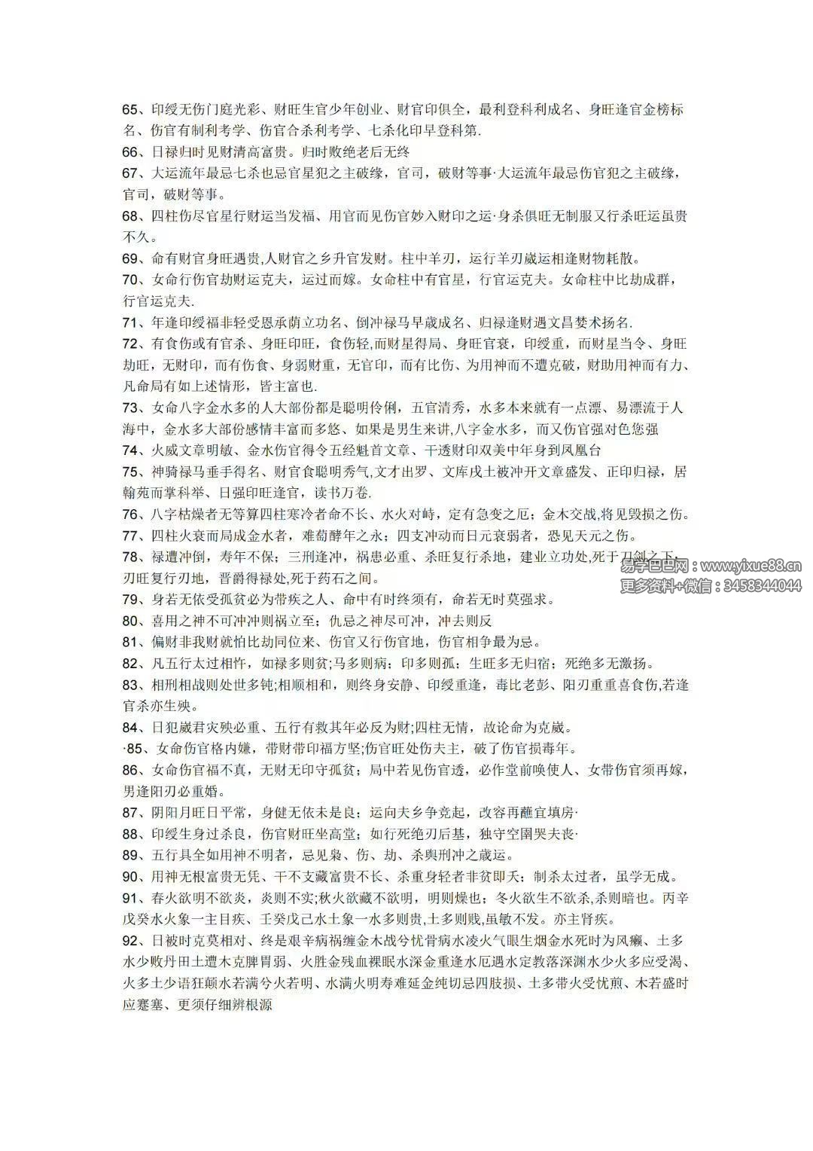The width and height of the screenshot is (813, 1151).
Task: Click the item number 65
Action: [x=131, y=109]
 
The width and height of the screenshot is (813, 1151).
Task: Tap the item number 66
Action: [x=131, y=151]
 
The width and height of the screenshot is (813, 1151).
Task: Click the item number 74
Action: [x=131, y=450]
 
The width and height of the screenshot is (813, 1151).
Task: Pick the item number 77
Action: [x=131, y=536]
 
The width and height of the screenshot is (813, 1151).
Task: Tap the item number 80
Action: [x=131, y=621]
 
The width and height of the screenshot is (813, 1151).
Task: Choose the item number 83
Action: [x=131, y=685]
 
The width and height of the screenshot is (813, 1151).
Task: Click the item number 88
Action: [x=131, y=834]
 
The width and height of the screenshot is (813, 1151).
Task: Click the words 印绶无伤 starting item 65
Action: [x=178, y=109]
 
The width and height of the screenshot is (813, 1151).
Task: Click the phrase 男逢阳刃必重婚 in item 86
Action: [x=168, y=792]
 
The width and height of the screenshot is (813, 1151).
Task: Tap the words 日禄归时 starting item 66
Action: [x=178, y=151]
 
